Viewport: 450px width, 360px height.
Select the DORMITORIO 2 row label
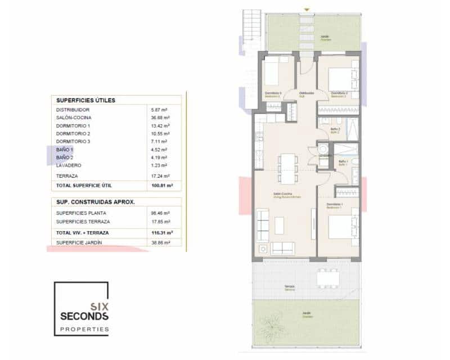click(x=73, y=134)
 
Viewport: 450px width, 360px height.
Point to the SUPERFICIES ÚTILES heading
click(x=85, y=100)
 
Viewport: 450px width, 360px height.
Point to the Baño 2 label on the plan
click(x=335, y=130)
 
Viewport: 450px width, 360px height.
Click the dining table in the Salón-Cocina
click(x=286, y=168)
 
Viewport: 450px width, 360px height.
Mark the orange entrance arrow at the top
click(x=307, y=9)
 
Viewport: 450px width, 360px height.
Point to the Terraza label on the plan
click(x=289, y=287)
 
